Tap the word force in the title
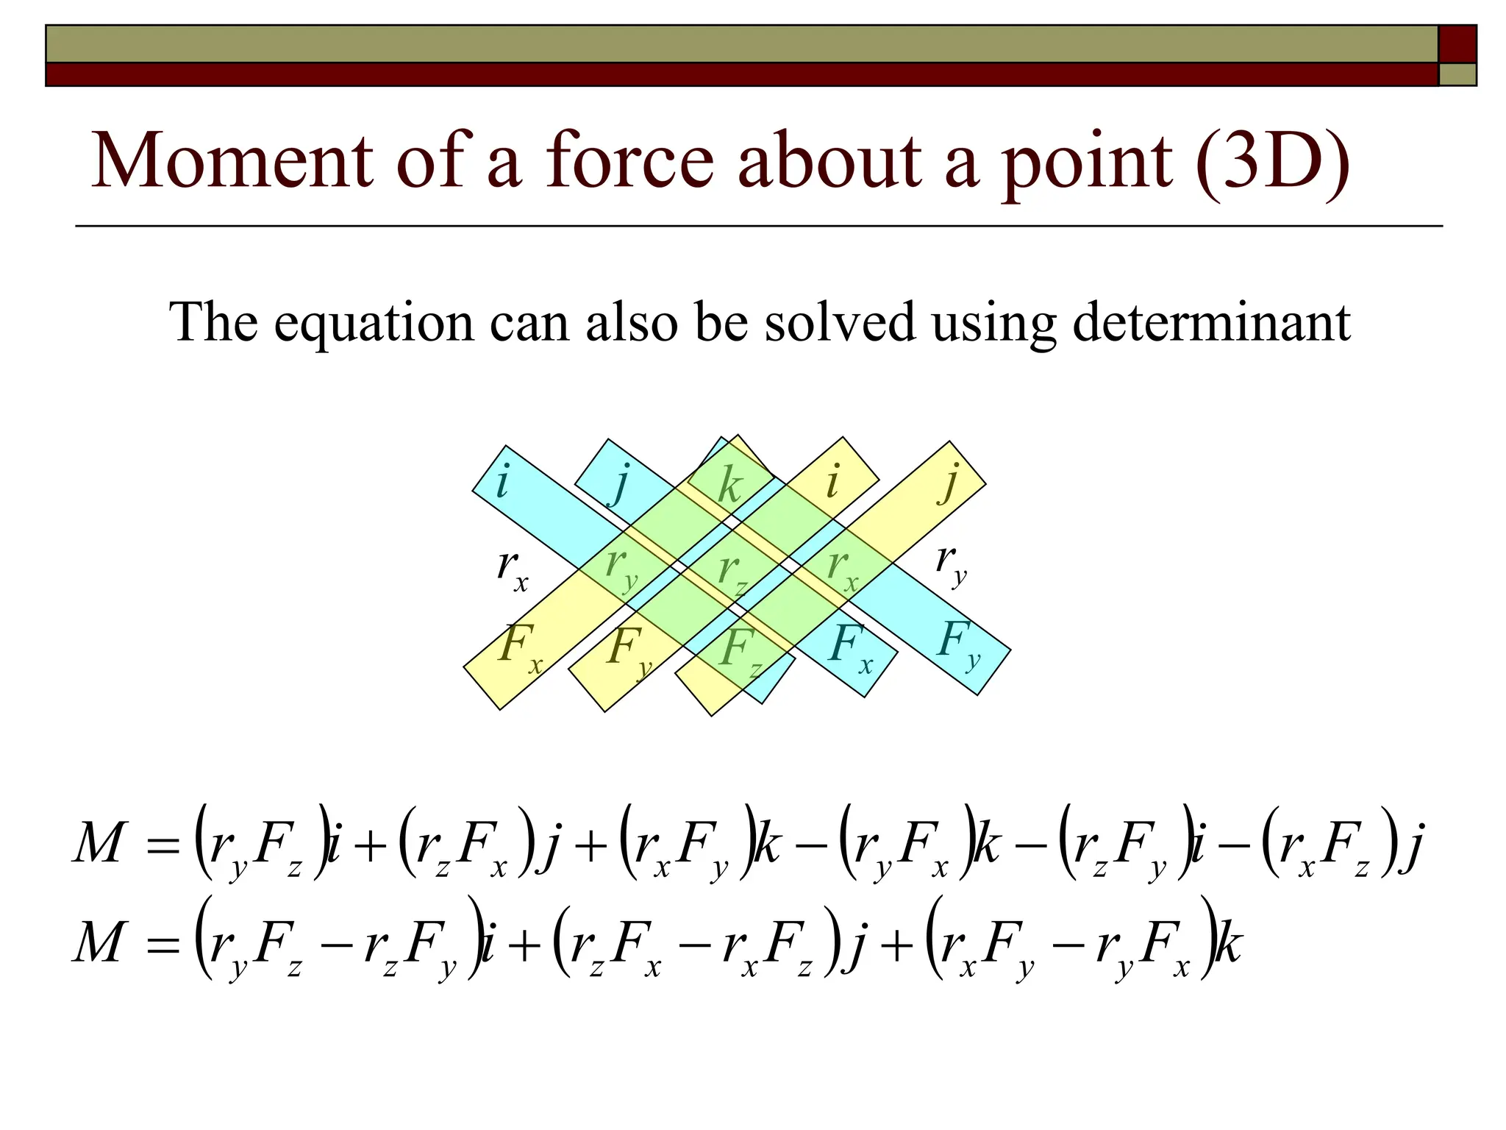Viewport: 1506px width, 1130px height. pos(629,161)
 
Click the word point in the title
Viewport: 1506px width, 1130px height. pos(1088,165)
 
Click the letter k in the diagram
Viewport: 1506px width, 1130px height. pos(729,486)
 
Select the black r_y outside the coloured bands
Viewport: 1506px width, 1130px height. pos(951,565)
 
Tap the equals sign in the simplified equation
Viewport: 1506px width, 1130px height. pos(163,945)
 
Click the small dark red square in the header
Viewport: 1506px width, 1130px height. pos(1457,43)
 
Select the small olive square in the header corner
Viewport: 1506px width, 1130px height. pos(1457,74)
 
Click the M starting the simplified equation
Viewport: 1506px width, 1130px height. pos(97,943)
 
